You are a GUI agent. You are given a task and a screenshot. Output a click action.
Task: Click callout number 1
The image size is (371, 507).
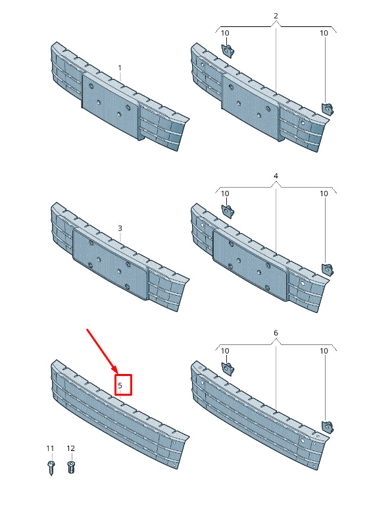(120, 68)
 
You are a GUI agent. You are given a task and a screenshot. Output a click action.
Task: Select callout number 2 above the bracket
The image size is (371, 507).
(276, 16)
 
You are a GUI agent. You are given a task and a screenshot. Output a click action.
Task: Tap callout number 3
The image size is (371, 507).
(120, 228)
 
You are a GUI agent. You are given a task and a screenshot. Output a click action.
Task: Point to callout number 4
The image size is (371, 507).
(276, 176)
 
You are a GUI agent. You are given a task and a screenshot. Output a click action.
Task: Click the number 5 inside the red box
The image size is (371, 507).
(120, 385)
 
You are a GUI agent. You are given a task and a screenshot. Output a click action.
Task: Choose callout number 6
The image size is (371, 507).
(276, 333)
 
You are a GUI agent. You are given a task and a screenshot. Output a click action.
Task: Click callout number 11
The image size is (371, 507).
(50, 448)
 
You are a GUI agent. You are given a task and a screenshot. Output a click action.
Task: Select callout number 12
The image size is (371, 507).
(70, 448)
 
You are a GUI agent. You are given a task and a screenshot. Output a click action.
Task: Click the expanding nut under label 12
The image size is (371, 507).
(71, 467)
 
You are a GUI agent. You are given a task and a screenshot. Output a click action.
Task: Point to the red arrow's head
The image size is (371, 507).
(115, 371)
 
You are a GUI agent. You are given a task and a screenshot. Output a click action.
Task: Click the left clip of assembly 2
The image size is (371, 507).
(228, 51)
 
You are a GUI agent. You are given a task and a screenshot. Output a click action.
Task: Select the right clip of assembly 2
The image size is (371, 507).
(328, 109)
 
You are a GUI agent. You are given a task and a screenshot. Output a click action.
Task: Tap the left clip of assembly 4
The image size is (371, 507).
(228, 211)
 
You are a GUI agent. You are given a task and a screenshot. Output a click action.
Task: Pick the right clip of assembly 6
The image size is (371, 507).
(328, 427)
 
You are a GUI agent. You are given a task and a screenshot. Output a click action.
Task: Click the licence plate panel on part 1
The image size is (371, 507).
(111, 105)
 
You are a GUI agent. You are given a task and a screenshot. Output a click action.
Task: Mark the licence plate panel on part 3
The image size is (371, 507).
(111, 263)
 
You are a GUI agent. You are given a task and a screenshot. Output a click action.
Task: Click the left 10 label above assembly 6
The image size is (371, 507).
(225, 351)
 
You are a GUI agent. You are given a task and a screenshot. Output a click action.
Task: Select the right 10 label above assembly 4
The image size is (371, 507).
(324, 194)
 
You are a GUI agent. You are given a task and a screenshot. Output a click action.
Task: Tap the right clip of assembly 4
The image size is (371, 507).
(328, 270)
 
